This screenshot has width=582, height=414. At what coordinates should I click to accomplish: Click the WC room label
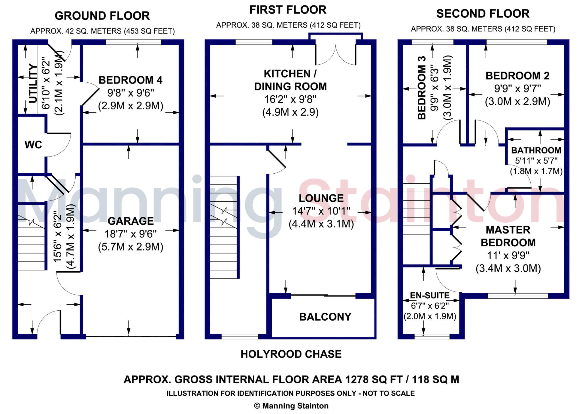point(33,145)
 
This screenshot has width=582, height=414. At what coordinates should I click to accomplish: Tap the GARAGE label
point(131,221)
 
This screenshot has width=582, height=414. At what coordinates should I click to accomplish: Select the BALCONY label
point(325,317)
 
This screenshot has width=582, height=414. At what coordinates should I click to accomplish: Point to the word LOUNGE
point(321,198)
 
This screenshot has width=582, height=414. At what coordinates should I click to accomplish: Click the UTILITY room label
point(33,83)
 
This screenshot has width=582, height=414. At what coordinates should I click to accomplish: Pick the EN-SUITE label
point(430,296)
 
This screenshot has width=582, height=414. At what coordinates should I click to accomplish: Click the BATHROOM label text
point(536,150)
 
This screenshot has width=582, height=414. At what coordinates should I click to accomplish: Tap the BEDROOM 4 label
point(130,80)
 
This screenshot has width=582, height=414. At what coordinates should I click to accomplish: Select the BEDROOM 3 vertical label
point(422,88)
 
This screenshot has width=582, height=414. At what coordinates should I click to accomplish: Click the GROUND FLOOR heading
point(102,16)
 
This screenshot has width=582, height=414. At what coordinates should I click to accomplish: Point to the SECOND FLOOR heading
point(483,14)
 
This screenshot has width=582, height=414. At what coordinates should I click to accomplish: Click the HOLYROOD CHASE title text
point(291,354)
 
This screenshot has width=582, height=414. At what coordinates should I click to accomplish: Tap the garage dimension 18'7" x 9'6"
point(131,234)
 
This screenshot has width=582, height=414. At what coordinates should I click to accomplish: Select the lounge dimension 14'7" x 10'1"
point(321,211)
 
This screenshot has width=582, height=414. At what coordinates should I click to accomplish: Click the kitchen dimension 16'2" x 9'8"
point(290,99)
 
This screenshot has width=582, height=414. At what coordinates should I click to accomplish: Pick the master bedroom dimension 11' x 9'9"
point(508,255)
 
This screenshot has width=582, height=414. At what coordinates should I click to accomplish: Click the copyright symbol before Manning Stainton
point(257,406)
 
